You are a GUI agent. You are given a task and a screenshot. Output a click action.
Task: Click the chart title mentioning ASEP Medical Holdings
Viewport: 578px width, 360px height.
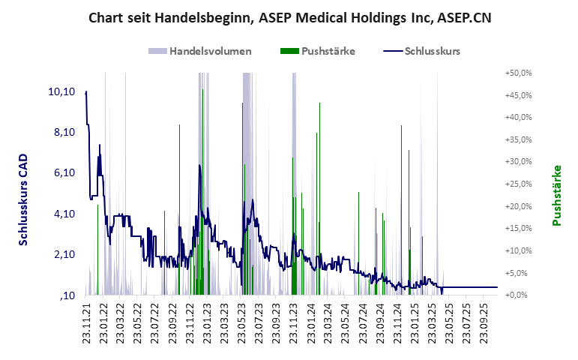(289, 17)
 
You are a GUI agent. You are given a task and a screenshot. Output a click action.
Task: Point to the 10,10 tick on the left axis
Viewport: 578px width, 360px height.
(61, 91)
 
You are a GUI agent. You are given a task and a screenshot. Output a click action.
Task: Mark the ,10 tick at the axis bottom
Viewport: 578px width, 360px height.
(67, 295)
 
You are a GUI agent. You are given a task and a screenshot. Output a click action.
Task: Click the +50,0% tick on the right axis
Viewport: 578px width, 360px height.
(519, 73)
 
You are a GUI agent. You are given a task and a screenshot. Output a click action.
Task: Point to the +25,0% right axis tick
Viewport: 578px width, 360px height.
(519, 184)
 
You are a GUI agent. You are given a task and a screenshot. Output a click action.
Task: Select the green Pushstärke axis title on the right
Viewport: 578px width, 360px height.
(557, 196)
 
